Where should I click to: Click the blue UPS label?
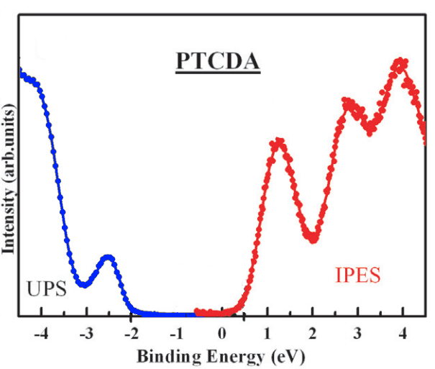pyautogui.click(x=47, y=289)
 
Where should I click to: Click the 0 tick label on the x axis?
pyautogui.click(x=223, y=334)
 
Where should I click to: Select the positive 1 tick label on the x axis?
pyautogui.click(x=267, y=334)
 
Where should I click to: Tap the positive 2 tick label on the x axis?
pyautogui.click(x=313, y=334)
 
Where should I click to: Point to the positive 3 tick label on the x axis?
pyautogui.click(x=357, y=334)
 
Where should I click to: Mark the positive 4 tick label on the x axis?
pyautogui.click(x=403, y=334)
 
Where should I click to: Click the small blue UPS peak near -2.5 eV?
pyautogui.click(x=109, y=257)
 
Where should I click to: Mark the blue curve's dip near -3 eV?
pyautogui.click(x=84, y=284)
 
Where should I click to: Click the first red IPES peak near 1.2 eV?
pyautogui.click(x=278, y=142)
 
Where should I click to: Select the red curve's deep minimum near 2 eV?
pyautogui.click(x=313, y=238)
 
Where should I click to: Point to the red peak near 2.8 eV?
pyautogui.click(x=349, y=103)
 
